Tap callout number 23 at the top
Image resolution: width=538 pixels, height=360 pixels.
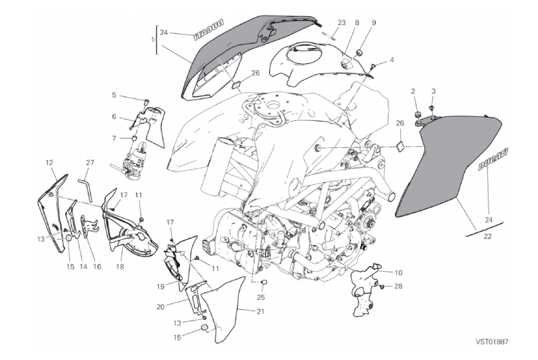(x=341, y=22)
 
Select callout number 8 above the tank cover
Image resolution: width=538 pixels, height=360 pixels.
(x=357, y=22)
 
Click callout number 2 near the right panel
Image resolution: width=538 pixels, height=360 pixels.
(x=412, y=90)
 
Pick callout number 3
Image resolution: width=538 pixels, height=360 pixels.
(x=433, y=90)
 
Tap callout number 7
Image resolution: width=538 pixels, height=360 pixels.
(x=114, y=139)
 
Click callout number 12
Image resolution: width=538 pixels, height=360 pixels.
(x=49, y=162)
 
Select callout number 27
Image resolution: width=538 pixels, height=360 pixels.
(x=90, y=162)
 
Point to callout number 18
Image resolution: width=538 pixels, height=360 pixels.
(x=121, y=249)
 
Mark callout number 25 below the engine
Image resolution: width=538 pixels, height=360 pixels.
(x=261, y=297)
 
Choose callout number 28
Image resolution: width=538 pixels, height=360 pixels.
(x=398, y=286)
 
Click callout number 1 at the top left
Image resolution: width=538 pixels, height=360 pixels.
(x=153, y=39)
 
